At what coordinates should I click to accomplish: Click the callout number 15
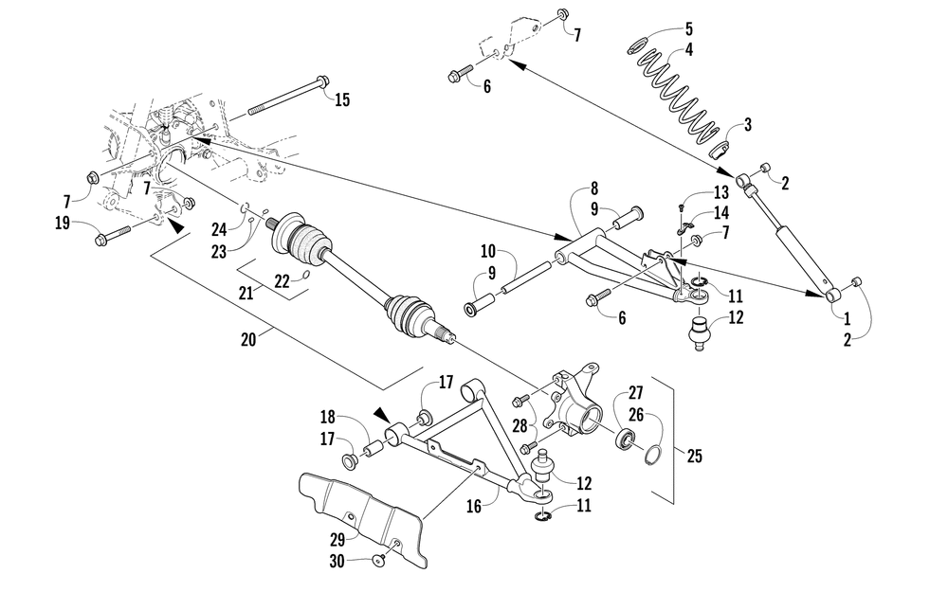click(342, 99)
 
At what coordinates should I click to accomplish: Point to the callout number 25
click(694, 456)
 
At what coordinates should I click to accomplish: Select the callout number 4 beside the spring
click(689, 50)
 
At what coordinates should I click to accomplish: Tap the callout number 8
click(594, 188)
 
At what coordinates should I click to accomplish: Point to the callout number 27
click(634, 392)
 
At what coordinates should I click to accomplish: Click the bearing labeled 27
click(625, 440)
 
